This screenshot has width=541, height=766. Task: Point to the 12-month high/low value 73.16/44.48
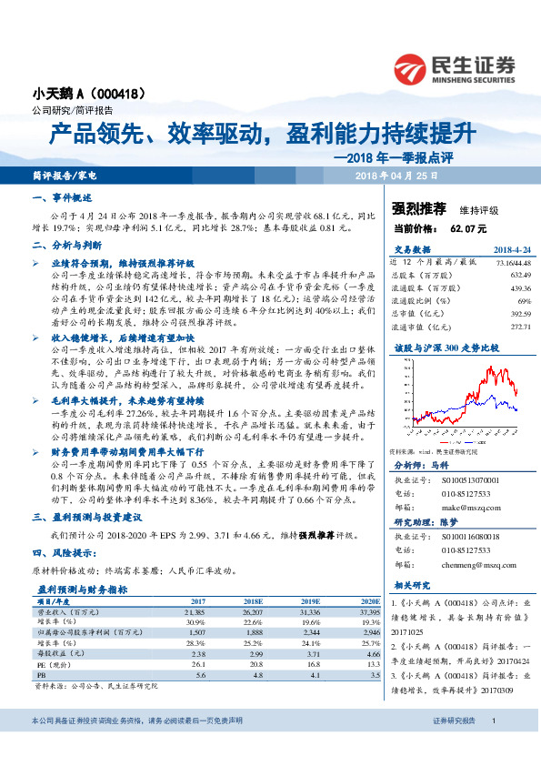coord(512,262)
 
